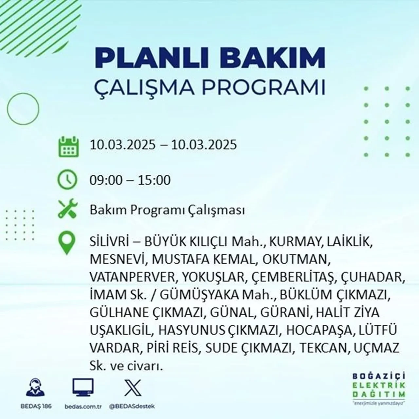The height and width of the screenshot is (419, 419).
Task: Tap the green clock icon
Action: [x=67, y=180]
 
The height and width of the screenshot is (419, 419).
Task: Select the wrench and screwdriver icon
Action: [x=67, y=209]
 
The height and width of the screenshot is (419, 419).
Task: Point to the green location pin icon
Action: [x=66, y=243]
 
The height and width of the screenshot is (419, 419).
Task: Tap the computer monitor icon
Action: [x=83, y=388]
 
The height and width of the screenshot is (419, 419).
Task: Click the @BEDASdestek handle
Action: [x=132, y=406]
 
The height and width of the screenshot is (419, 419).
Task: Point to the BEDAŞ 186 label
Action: [x=38, y=406]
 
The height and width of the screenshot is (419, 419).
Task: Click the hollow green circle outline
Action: [x=23, y=108]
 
